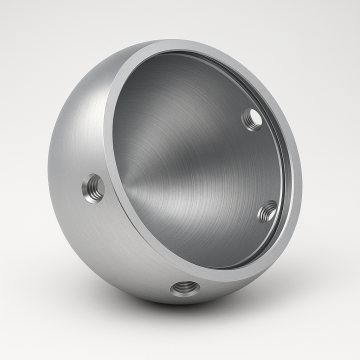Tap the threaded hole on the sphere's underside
click(183, 289)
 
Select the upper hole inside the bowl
click(254, 118)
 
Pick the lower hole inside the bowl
click(267, 211)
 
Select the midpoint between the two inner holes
click(260, 165)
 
